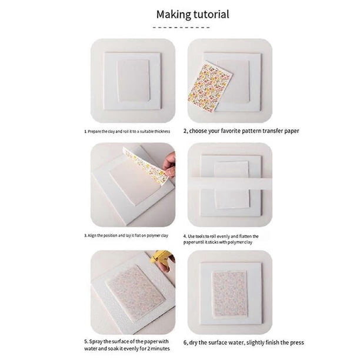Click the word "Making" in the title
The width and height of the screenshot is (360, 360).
point(174,14)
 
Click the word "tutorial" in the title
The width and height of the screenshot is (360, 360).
point(211,14)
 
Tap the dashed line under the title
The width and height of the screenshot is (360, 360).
point(181,27)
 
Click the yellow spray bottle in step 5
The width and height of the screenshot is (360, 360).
point(160,256)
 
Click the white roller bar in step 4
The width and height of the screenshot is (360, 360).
point(230,184)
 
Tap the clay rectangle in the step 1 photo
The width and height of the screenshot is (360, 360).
point(134,81)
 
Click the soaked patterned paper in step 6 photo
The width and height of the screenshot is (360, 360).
point(229,294)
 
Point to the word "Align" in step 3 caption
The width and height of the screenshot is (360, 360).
point(92,235)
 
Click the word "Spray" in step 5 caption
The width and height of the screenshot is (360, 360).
point(96,342)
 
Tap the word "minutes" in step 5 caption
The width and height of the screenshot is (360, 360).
point(161,348)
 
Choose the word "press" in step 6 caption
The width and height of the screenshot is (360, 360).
point(297,343)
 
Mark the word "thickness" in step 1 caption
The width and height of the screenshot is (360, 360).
point(162,132)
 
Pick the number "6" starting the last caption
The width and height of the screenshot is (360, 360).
point(185,343)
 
